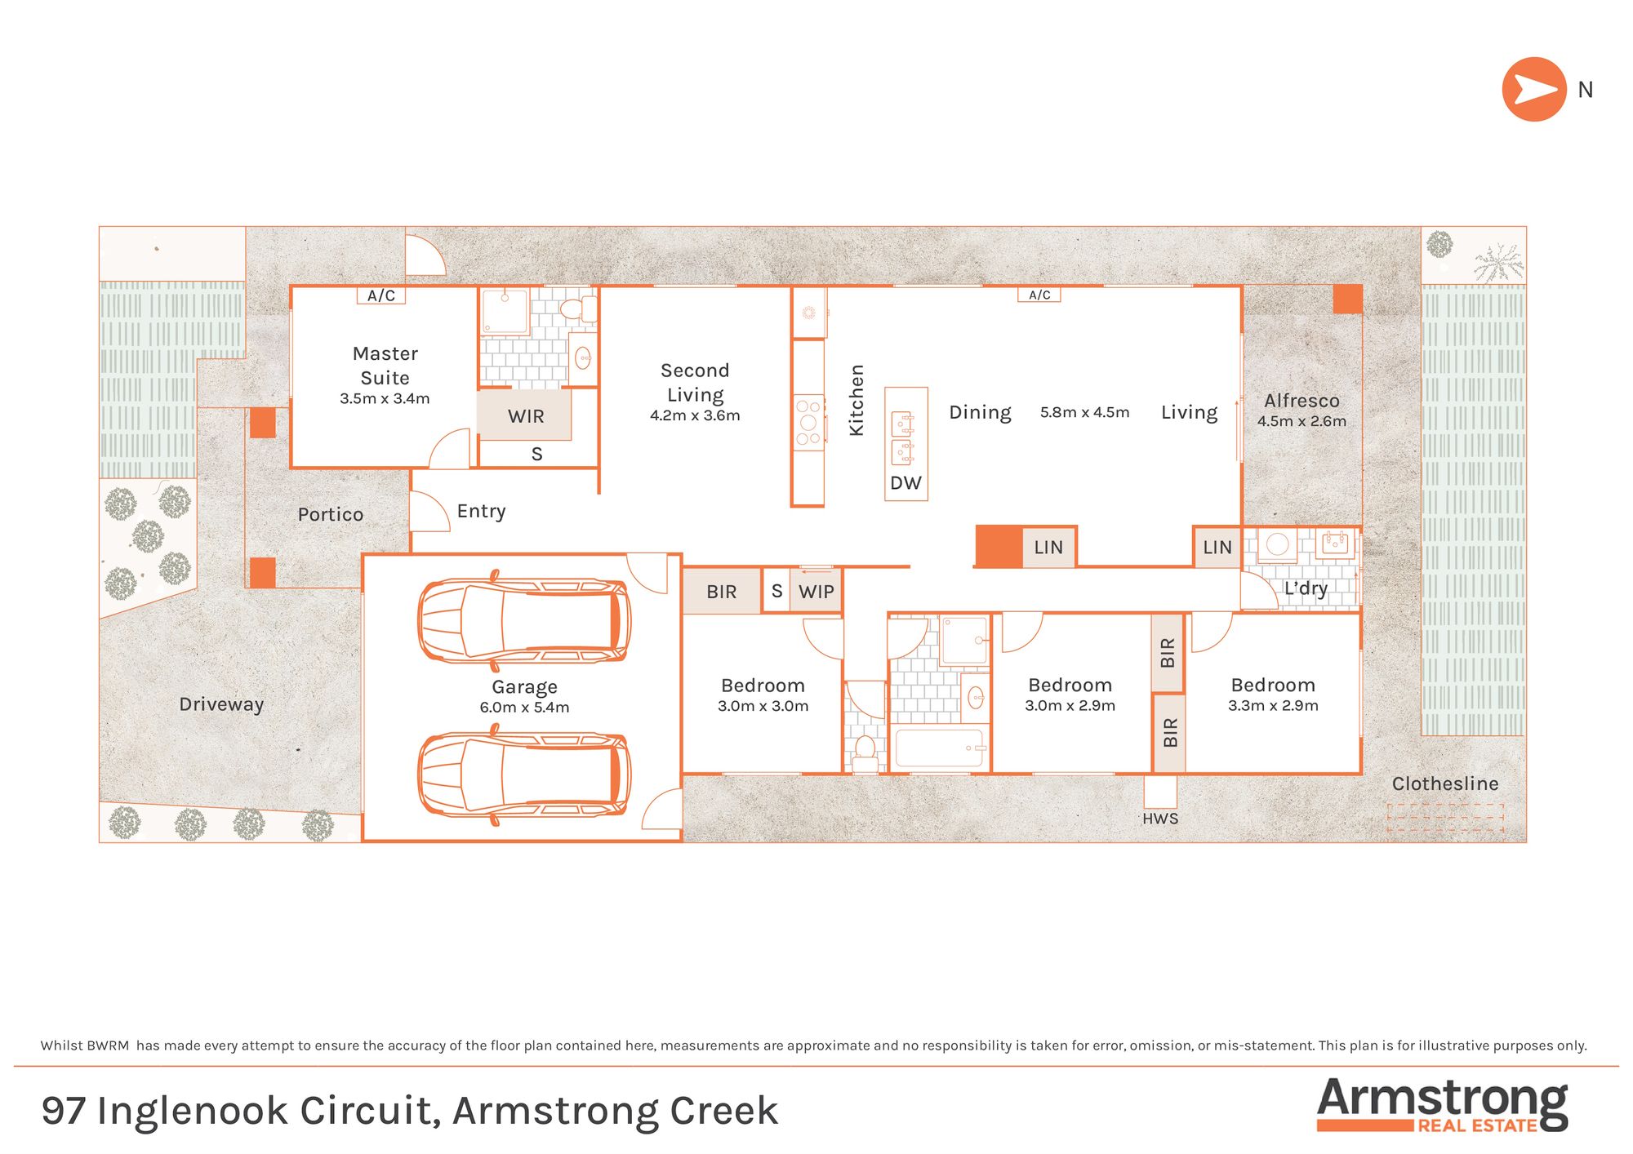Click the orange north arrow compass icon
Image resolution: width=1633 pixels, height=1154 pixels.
click(1533, 90)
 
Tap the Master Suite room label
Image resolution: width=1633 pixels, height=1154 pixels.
click(385, 365)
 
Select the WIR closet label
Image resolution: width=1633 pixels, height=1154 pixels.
click(525, 416)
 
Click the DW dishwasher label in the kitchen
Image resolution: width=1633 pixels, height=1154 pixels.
click(905, 483)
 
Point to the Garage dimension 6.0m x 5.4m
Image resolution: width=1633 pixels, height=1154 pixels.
click(524, 708)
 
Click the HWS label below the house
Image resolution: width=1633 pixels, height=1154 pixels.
click(1159, 819)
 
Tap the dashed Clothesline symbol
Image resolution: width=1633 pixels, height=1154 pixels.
click(1444, 818)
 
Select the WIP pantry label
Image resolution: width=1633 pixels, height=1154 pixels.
click(816, 592)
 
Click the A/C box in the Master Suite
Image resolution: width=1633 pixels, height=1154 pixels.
click(381, 295)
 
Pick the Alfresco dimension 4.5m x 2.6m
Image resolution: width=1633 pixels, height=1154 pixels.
click(1302, 421)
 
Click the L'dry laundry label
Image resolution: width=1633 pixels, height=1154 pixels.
click(1305, 588)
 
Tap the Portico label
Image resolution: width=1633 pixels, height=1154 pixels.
click(330, 514)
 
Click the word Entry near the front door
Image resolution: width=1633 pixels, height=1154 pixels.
click(481, 511)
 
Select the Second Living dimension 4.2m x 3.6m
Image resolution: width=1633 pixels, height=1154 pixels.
click(695, 415)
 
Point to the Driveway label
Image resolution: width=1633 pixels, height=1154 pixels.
click(221, 703)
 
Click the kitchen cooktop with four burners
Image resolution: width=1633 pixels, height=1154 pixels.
click(808, 422)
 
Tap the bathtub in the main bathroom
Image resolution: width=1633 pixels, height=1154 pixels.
click(939, 748)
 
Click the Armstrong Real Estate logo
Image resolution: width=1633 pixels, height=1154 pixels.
click(1442, 1103)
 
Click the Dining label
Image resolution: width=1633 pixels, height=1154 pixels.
click(980, 412)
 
